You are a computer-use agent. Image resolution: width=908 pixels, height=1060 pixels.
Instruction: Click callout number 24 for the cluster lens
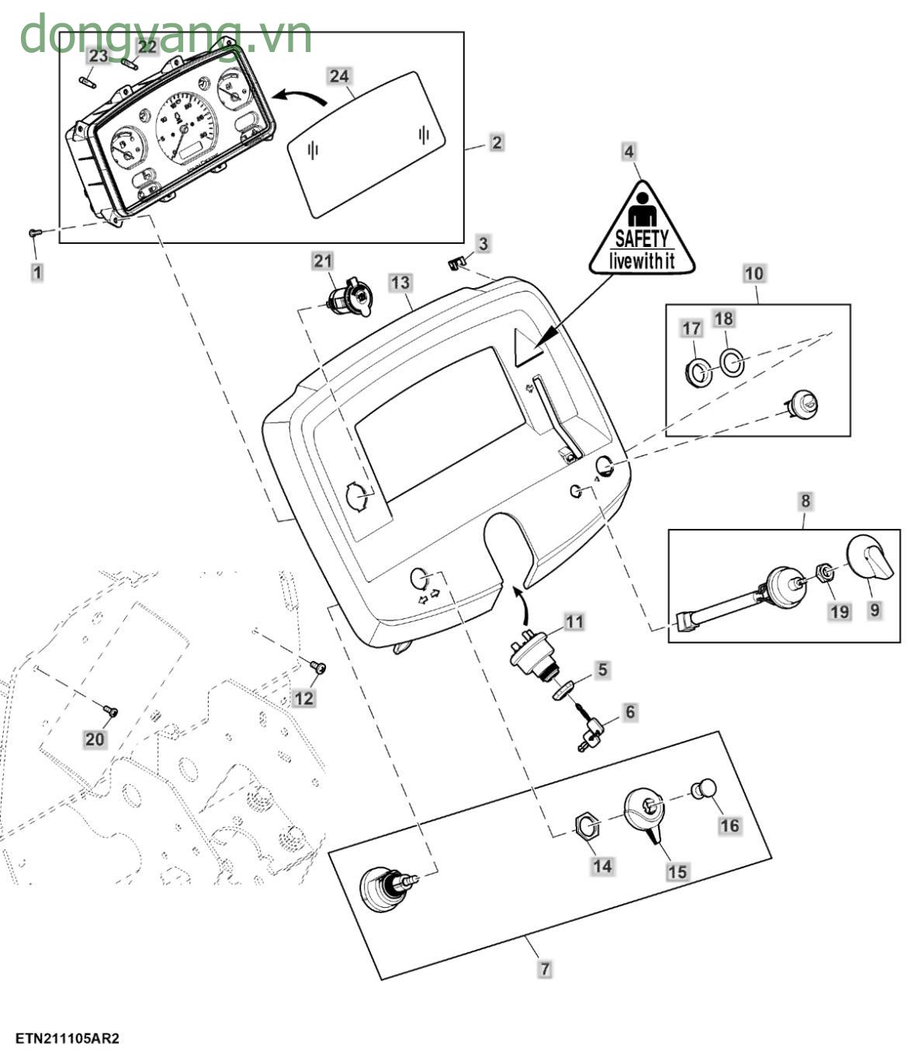(x=339, y=76)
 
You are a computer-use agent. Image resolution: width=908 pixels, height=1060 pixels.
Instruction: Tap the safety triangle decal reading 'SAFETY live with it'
(x=641, y=233)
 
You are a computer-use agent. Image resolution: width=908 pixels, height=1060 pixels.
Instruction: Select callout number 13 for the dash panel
(x=400, y=283)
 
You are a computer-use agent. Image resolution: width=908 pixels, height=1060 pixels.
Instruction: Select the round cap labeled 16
(x=703, y=789)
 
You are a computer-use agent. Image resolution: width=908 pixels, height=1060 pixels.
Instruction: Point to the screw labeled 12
(x=317, y=666)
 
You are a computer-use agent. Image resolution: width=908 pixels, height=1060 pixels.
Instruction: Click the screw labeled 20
(x=110, y=711)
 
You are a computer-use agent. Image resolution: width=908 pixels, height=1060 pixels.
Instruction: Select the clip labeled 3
(x=456, y=264)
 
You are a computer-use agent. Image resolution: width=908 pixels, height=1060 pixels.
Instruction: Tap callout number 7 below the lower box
(x=545, y=969)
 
